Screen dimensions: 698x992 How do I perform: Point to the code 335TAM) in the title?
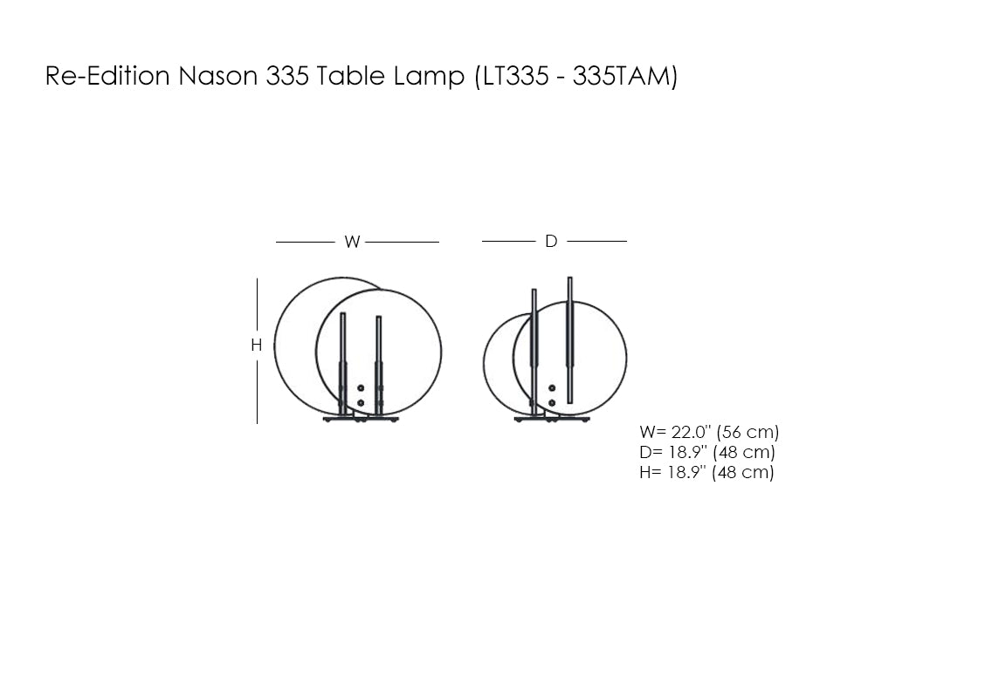pyautogui.click(x=624, y=77)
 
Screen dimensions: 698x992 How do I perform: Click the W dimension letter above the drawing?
pyautogui.click(x=352, y=243)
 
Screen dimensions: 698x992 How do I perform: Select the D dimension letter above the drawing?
pyautogui.click(x=551, y=242)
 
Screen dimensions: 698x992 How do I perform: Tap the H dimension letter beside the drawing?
pyautogui.click(x=257, y=346)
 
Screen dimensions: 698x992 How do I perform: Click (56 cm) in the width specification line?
pyautogui.click(x=747, y=432)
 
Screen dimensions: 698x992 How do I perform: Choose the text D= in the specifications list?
pyautogui.click(x=651, y=452)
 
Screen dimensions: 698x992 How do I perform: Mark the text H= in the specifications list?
pyautogui.click(x=651, y=472)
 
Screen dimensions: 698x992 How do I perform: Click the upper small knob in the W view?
pyautogui.click(x=361, y=388)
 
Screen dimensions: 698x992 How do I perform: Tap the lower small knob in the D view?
pyautogui.click(x=551, y=402)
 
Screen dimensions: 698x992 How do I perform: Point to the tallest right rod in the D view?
pyautogui.click(x=570, y=340)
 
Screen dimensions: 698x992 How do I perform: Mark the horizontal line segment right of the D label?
pyautogui.click(x=597, y=241)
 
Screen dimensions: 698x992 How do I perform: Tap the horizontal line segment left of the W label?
pyautogui.click(x=306, y=242)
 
